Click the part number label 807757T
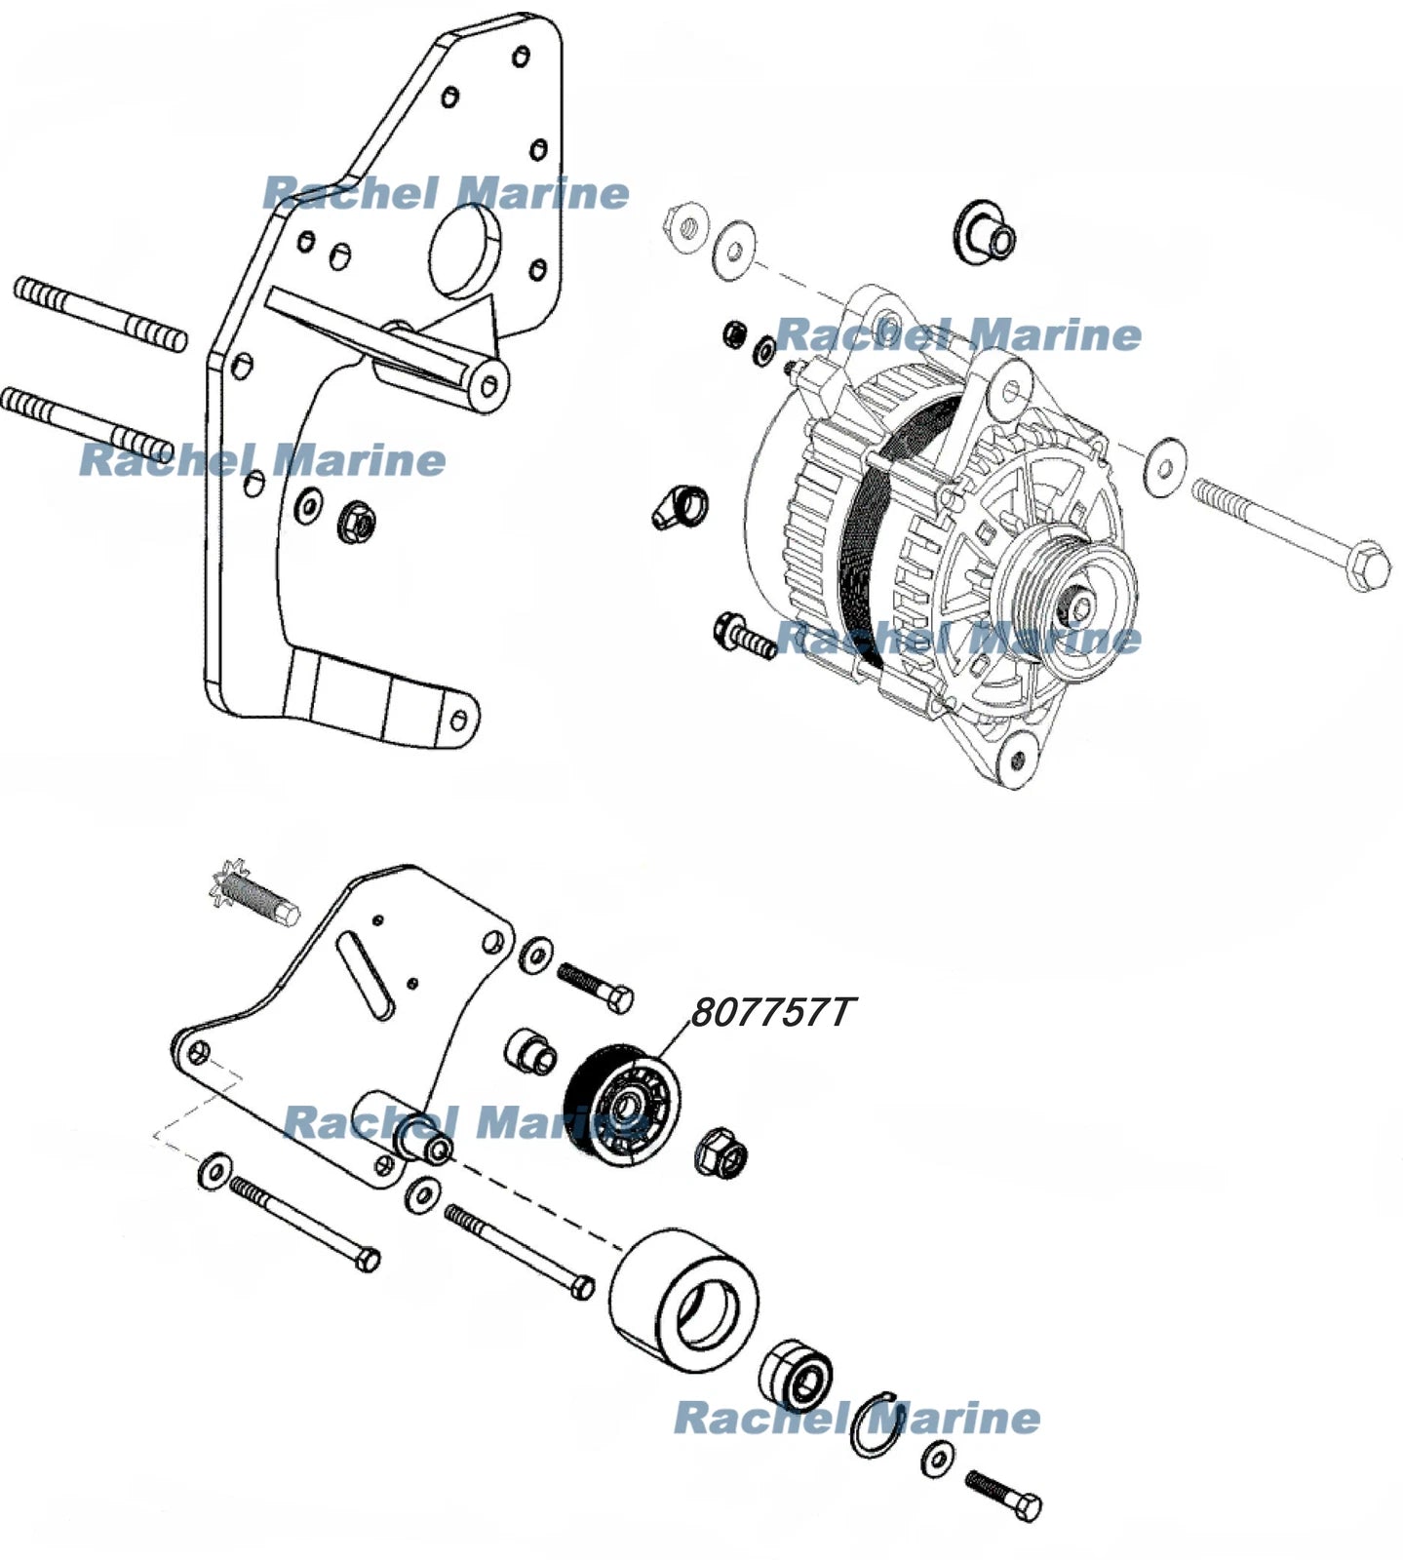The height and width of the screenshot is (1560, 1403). point(770,1012)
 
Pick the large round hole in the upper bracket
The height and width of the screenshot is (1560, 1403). point(465,248)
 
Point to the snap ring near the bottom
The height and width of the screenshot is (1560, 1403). point(878,1425)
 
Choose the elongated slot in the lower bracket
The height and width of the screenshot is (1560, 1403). point(367,975)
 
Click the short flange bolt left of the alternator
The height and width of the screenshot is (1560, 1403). point(744,636)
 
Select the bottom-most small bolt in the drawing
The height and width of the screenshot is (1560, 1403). point(1003,1496)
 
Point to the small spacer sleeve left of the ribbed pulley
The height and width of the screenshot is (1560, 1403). point(531,1050)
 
